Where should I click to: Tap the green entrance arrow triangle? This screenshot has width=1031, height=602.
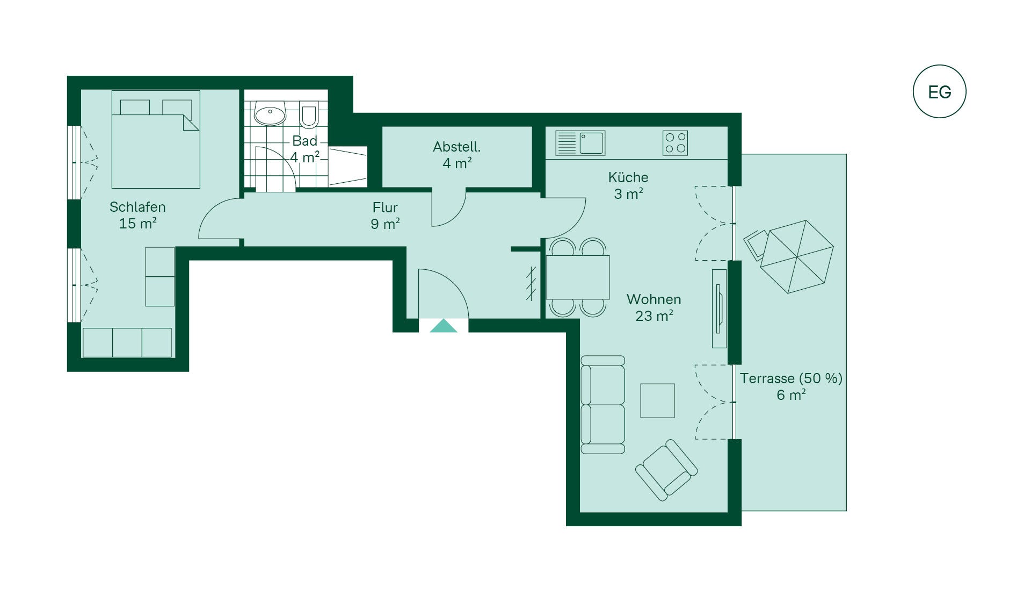click(444, 326)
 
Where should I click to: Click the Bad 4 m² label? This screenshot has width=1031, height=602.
click(305, 149)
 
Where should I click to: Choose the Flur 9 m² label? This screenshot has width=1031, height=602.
click(385, 216)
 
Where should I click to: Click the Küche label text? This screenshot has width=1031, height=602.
click(628, 177)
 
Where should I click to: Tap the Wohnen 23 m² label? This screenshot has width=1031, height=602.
click(654, 307)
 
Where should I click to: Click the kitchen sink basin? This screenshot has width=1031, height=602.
click(591, 143)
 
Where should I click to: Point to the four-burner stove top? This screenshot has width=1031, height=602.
click(675, 143)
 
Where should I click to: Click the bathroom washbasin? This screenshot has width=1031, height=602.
click(270, 114)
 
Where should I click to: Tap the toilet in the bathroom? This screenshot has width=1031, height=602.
click(309, 114)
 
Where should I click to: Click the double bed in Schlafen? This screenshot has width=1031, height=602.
click(156, 139)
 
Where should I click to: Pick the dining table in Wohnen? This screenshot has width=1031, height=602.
click(578, 277)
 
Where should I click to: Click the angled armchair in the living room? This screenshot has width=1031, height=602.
click(666, 470)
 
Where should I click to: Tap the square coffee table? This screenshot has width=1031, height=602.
click(657, 400)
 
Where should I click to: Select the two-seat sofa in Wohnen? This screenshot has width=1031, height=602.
click(603, 405)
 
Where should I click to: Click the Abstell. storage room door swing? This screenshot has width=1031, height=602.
click(449, 207)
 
